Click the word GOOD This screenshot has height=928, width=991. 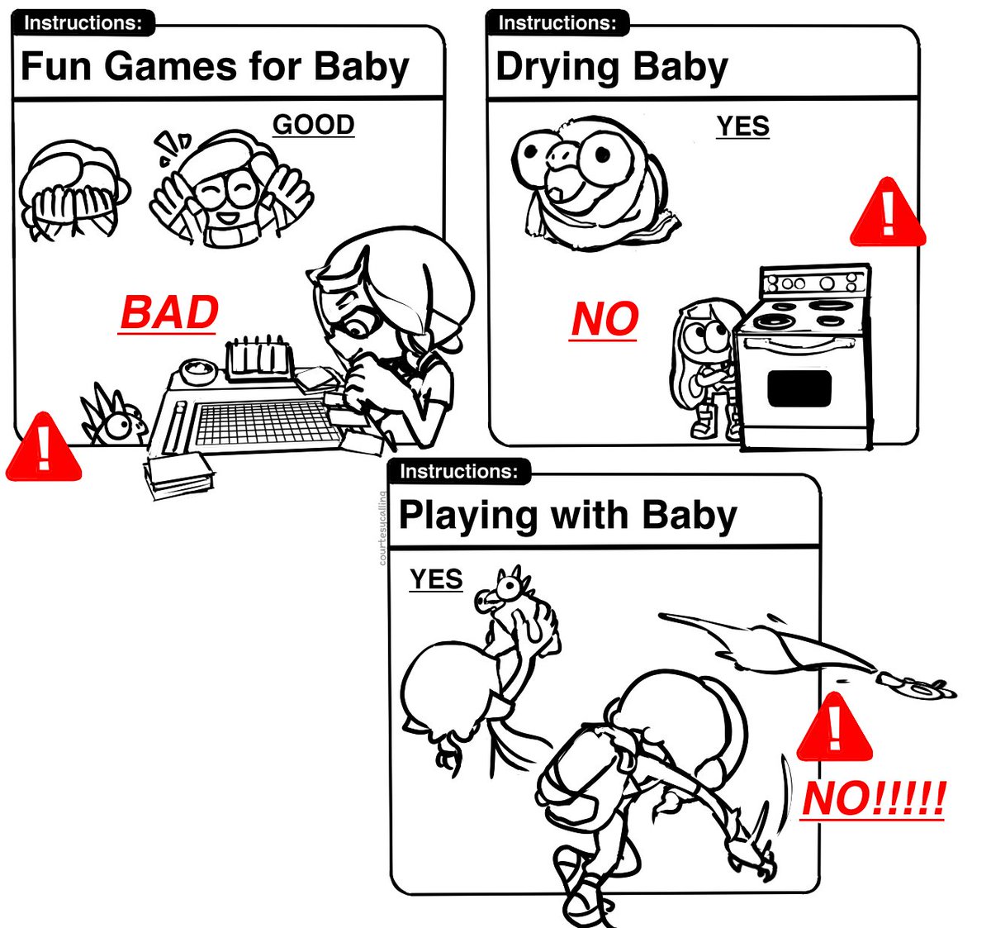click(313, 124)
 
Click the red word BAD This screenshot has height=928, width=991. click(168, 312)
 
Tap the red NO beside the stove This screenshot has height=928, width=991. click(604, 319)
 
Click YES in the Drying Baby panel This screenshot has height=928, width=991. click(742, 126)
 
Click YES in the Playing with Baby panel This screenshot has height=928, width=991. click(436, 579)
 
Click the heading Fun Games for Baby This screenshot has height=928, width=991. click(215, 66)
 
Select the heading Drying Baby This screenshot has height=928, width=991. click(612, 67)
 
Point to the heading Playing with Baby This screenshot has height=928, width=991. click(568, 516)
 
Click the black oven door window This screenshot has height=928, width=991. click(799, 388)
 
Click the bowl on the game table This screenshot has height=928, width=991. click(198, 371)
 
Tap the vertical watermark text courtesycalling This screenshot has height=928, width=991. click(382, 528)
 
